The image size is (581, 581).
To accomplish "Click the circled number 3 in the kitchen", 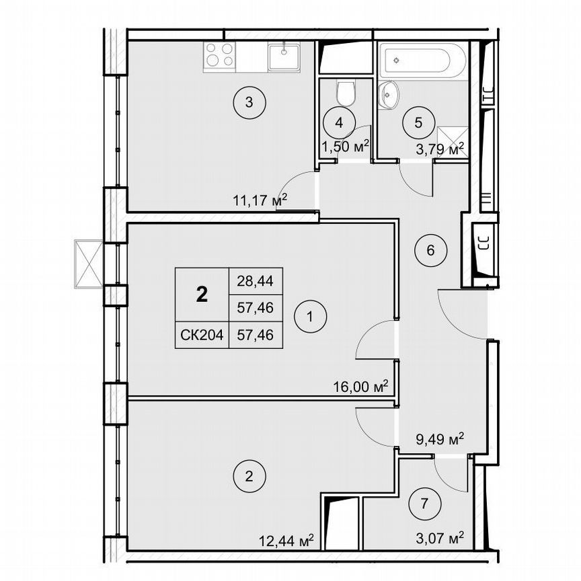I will (x=249, y=103).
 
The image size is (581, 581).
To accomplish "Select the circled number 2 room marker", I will (x=249, y=478).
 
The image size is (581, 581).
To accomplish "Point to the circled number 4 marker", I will (x=339, y=122).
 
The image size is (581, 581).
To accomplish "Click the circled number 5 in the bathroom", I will (x=418, y=122).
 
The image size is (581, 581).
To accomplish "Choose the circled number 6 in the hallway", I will (x=431, y=250).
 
